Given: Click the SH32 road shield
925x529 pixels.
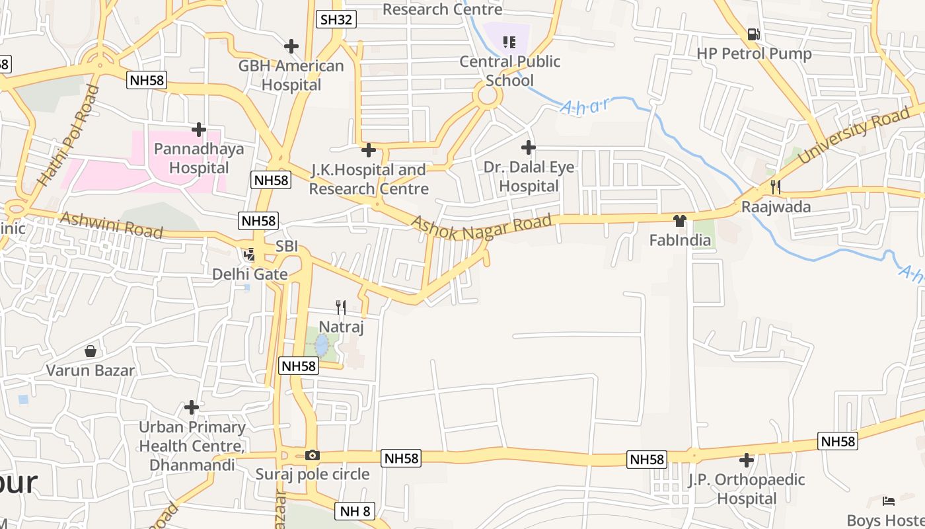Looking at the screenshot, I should click(336, 19).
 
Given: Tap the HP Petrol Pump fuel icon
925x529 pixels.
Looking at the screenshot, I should click(753, 34).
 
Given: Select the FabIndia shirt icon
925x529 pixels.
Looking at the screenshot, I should click(680, 220).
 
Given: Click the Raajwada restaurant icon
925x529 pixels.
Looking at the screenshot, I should click(775, 187).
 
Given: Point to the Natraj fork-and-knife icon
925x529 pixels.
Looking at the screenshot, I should click(341, 307).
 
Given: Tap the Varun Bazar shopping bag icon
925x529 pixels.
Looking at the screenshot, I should click(91, 350).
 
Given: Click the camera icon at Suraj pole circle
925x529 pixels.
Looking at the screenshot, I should click(313, 455).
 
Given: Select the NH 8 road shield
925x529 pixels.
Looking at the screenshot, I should click(355, 510).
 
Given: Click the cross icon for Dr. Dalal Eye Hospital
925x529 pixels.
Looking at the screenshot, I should click(528, 147).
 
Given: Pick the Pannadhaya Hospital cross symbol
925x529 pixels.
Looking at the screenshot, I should click(198, 130).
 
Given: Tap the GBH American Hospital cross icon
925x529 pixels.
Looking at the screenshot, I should click(291, 46).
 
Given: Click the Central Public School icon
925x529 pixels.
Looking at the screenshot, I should click(509, 42).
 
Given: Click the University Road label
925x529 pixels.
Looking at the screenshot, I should click(854, 136).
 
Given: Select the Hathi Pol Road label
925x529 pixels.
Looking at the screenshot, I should click(68, 136).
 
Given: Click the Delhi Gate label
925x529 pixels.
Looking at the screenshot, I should click(250, 274).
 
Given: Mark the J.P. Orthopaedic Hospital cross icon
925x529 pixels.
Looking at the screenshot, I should click(747, 460).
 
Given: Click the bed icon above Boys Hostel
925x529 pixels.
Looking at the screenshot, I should click(889, 501).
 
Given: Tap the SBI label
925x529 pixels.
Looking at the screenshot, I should click(287, 246).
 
